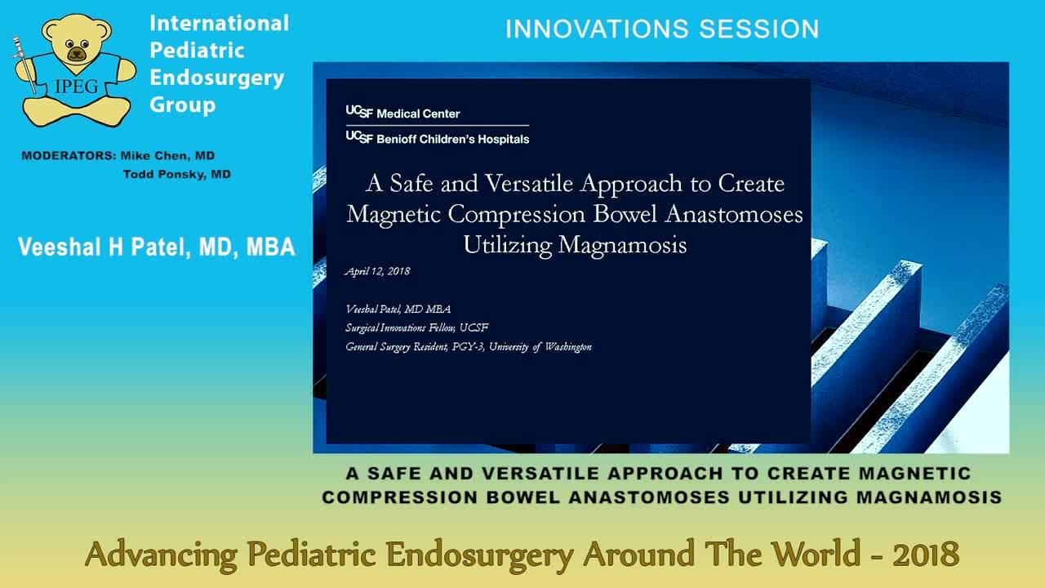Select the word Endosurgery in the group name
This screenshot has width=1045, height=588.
216,78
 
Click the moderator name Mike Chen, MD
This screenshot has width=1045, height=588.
167,155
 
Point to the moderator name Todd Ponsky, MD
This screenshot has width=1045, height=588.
176,174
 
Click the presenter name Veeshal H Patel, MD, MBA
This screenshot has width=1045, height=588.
156,247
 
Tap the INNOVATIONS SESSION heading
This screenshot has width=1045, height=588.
661,29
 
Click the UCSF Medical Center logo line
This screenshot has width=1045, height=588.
403,114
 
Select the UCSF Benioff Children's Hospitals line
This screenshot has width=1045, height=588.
438,139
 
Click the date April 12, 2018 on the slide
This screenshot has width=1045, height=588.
377,271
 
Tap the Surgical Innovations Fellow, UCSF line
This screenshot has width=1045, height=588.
416,327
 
